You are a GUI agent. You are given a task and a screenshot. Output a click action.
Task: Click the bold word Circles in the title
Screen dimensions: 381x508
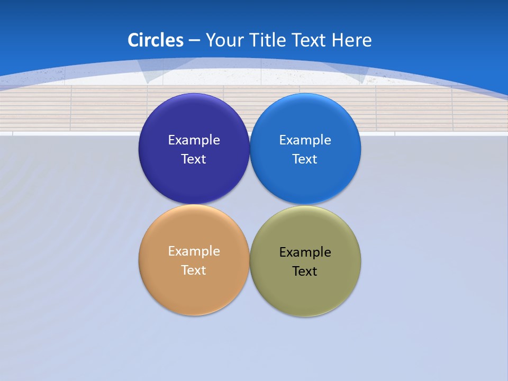pyautogui.click(x=156, y=40)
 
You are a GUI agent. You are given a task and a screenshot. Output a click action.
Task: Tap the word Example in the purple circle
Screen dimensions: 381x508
pyautogui.click(x=194, y=140)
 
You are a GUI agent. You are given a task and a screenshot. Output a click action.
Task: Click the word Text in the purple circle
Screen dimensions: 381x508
pyautogui.click(x=194, y=159)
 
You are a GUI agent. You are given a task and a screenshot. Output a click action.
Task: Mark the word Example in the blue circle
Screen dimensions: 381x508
pyautogui.click(x=305, y=140)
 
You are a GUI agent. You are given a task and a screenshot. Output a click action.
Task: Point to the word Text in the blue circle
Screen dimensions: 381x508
pyautogui.click(x=305, y=159)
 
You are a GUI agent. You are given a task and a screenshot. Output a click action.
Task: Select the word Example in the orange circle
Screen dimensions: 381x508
pyautogui.click(x=194, y=251)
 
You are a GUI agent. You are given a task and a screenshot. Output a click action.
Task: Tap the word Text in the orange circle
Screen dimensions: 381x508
pyautogui.click(x=194, y=270)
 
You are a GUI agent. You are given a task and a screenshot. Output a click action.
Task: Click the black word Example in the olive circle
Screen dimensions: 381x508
pyautogui.click(x=305, y=252)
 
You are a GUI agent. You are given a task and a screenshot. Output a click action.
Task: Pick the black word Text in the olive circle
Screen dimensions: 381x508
pyautogui.click(x=305, y=271)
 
